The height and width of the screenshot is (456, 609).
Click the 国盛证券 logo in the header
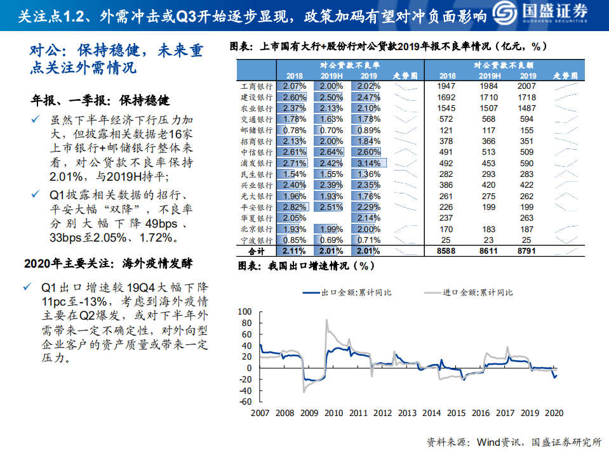point(549,15)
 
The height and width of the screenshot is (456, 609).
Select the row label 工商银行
point(257,86)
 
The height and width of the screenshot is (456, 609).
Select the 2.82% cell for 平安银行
point(294,207)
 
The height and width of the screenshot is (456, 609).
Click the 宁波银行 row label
point(257,240)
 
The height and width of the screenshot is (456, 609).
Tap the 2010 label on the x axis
point(333,413)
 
